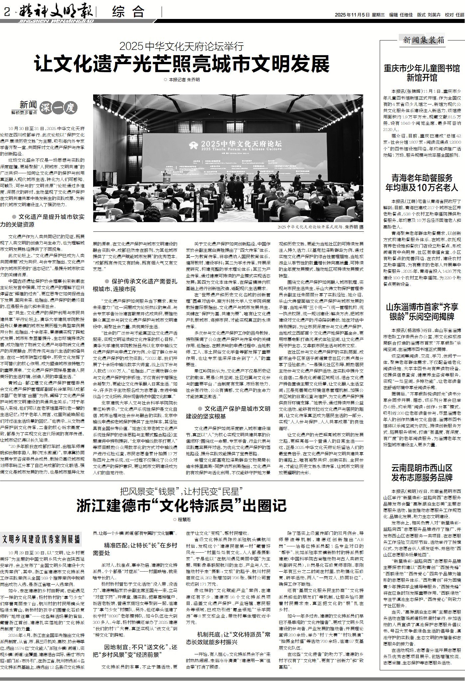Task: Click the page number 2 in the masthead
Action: tap(6, 13)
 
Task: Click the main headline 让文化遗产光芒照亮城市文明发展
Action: tap(182, 64)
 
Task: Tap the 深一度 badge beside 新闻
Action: tap(59, 107)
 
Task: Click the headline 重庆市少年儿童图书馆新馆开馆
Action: tap(422, 73)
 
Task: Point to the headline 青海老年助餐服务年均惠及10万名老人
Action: tap(422, 182)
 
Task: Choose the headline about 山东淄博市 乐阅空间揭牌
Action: tap(422, 311)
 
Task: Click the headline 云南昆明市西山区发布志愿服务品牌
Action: tap(422, 473)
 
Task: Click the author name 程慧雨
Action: tap(184, 519)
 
